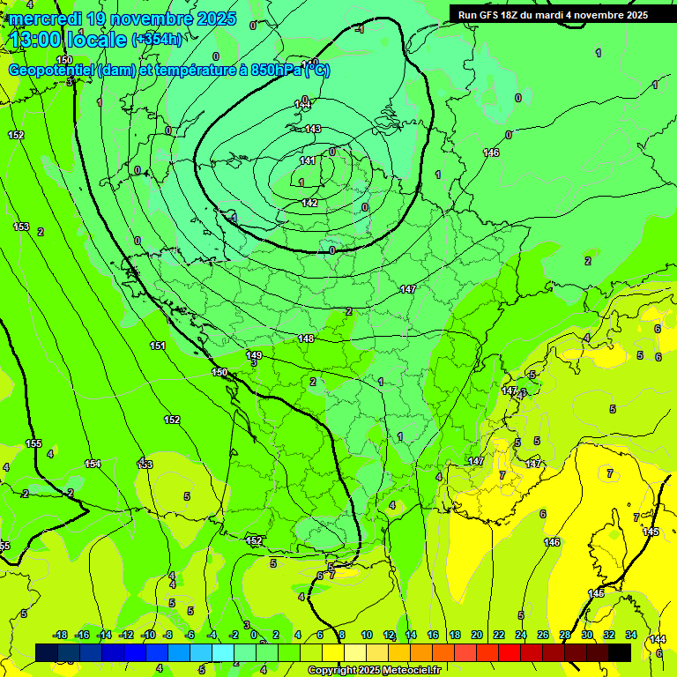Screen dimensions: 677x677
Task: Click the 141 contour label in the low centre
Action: [308, 160]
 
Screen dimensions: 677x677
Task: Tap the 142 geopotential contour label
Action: [309, 203]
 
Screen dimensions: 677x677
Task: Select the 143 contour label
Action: [312, 129]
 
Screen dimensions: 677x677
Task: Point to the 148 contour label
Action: [306, 338]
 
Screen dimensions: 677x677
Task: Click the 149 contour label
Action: [254, 354]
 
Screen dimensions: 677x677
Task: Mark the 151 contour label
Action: [158, 346]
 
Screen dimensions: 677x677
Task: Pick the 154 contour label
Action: [93, 464]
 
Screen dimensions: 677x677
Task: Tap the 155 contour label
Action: [33, 443]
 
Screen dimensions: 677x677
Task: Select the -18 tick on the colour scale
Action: [60, 635]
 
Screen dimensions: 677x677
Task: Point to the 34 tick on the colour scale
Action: [630, 635]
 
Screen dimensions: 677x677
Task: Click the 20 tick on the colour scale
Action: [476, 635]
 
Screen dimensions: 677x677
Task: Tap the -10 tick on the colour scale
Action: [148, 635]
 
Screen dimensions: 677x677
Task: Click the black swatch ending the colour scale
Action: [620, 652]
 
